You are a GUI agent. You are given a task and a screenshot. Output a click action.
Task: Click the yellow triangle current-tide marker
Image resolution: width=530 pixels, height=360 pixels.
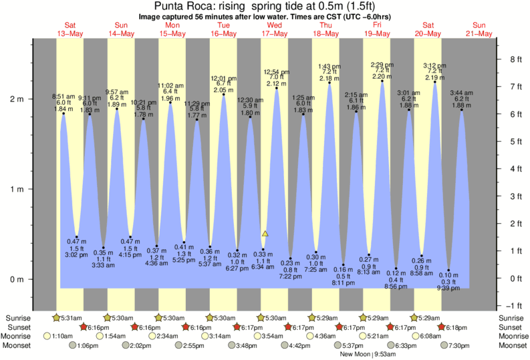[x=265, y=234]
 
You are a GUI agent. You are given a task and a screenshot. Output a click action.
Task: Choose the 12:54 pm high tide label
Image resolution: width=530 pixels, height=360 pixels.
[x=275, y=71]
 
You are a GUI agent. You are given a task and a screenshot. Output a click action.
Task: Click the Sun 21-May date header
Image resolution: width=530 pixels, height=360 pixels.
[x=480, y=29]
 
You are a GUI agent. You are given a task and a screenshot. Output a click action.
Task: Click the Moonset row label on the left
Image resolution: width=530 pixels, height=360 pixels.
[x=18, y=345]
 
